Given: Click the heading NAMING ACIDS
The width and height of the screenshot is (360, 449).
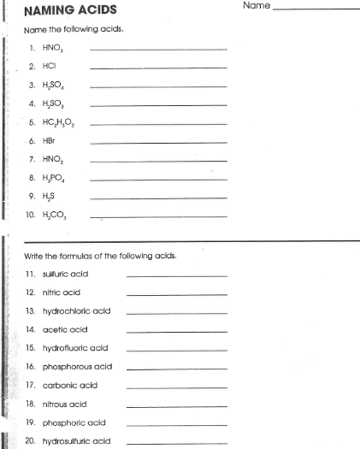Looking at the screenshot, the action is click(70, 10).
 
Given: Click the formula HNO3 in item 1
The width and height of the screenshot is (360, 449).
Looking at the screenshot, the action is click(53, 49).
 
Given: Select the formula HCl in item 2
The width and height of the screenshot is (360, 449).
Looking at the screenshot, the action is click(49, 66).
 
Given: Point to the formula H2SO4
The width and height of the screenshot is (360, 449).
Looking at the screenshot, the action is click(56, 86).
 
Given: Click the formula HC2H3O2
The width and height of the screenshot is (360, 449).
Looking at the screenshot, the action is click(61, 122).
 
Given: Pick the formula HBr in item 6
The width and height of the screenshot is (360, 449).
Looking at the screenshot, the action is click(50, 140).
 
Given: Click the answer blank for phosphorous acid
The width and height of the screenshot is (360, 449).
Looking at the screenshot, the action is click(176, 367).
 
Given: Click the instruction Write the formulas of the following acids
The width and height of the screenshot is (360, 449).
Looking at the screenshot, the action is click(99, 255).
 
